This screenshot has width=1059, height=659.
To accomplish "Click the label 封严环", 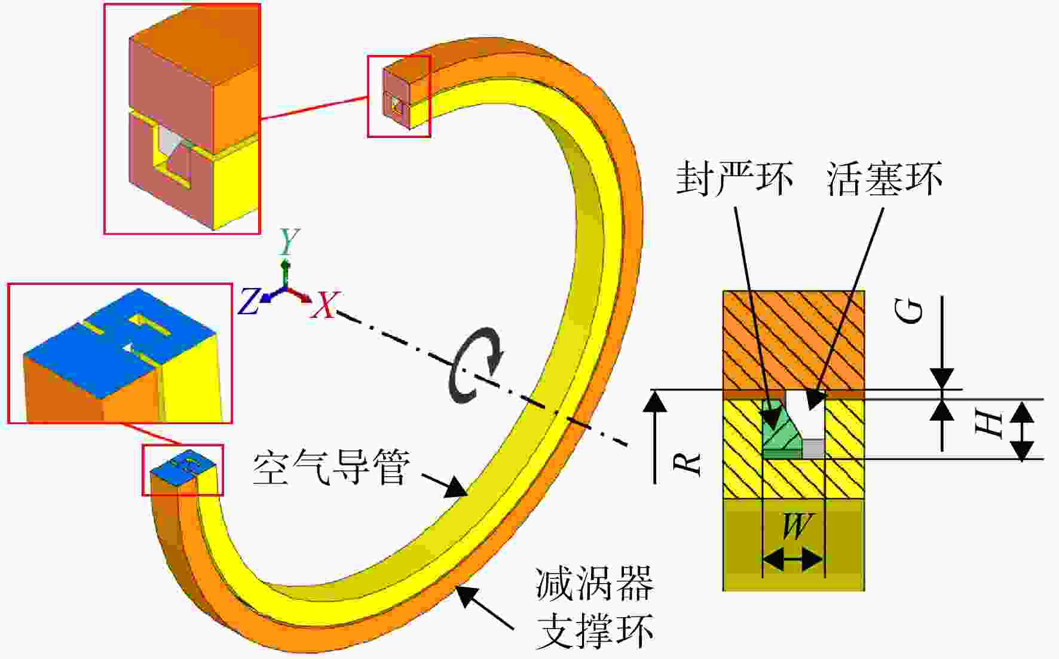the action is tap(734, 178).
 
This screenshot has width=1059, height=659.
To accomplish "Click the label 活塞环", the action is tap(885, 178).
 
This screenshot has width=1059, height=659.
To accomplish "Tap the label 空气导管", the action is tap(332, 467).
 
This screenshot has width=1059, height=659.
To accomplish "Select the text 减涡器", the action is tap(595, 583).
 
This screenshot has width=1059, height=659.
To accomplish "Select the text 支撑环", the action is tap(595, 630).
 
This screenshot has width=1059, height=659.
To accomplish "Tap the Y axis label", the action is tap(289, 241).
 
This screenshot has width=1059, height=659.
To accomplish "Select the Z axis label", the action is tap(250, 302).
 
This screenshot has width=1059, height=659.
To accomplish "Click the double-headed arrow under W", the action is tap(794, 560).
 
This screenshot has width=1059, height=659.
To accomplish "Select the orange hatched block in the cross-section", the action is tap(794, 341).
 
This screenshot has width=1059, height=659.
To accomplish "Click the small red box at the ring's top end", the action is tap(399, 96).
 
